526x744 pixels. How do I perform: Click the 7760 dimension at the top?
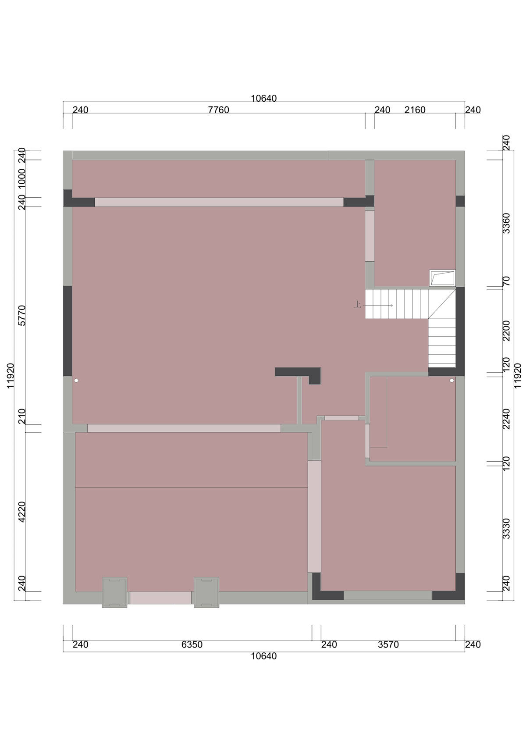pyautogui.click(x=218, y=110)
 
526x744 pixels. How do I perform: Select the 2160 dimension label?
pyautogui.click(x=415, y=110)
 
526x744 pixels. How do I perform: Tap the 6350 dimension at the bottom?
pyautogui.click(x=192, y=644)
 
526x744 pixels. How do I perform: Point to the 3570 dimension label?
pyautogui.click(x=388, y=644)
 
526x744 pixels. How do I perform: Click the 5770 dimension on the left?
pyautogui.click(x=21, y=316)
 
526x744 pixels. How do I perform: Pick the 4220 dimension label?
pyautogui.click(x=21, y=512)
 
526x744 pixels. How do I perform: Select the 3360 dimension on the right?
pyautogui.click(x=506, y=223)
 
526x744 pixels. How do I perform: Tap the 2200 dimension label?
pyautogui.click(x=506, y=331)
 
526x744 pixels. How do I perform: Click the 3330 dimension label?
pyautogui.click(x=506, y=528)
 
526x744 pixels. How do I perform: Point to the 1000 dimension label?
pyautogui.click(x=21, y=178)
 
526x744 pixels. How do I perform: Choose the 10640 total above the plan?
pyautogui.click(x=264, y=98)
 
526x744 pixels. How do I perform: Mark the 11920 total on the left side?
pyautogui.click(x=11, y=375)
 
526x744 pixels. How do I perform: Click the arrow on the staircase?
pyautogui.click(x=378, y=305)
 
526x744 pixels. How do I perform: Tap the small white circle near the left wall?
pyautogui.click(x=76, y=380)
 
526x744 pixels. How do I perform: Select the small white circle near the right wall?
pyautogui.click(x=451, y=380)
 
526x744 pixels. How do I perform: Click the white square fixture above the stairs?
pyautogui.click(x=442, y=278)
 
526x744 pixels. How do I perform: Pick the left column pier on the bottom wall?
pyautogui.click(x=114, y=593)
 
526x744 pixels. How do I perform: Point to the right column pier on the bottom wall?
pyautogui.click(x=206, y=593)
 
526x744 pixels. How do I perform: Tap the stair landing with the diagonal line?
pyautogui.click(x=442, y=303)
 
